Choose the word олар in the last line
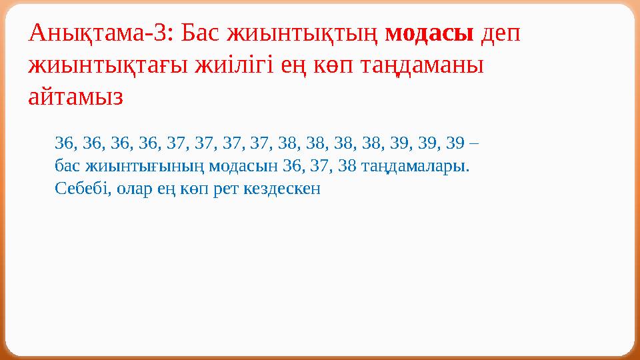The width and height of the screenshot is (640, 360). point(134,188)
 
